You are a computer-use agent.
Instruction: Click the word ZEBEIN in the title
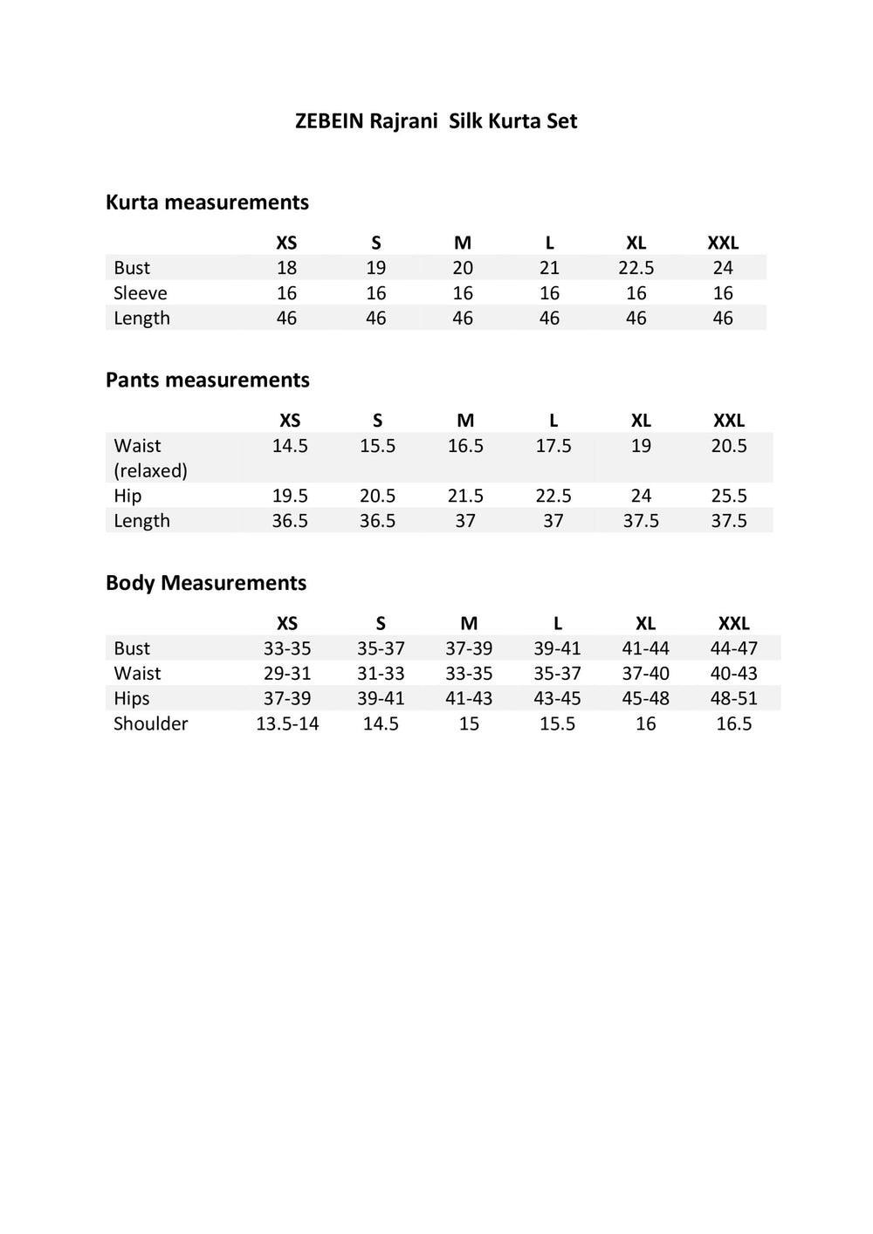pos(329,121)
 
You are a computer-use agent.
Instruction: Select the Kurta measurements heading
pos(207,202)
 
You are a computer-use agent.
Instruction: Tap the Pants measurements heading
pos(207,380)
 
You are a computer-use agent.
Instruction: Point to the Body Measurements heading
pos(206,583)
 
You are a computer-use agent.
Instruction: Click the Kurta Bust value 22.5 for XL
pos(636,268)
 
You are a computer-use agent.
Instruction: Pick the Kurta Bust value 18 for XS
pos(286,268)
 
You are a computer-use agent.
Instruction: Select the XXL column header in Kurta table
pos(723,243)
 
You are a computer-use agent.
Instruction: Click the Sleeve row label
pos(140,293)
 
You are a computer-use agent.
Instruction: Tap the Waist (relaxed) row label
pos(150,458)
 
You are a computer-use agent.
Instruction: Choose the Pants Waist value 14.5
pos(290,446)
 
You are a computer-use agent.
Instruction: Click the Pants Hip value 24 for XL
pos(641,496)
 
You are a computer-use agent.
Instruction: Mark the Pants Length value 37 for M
pos(465,521)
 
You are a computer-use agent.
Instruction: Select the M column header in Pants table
pos(465,421)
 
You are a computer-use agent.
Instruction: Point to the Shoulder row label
pos(150,724)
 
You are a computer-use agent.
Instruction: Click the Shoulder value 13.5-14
pos(287,724)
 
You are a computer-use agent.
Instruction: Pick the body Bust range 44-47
pos(733,648)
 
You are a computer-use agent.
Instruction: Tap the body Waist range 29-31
pos(287,674)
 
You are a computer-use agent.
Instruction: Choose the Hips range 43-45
pos(557,699)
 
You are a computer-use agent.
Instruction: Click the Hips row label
pos(131,699)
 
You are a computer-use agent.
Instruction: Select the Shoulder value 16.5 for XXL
pos(733,724)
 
